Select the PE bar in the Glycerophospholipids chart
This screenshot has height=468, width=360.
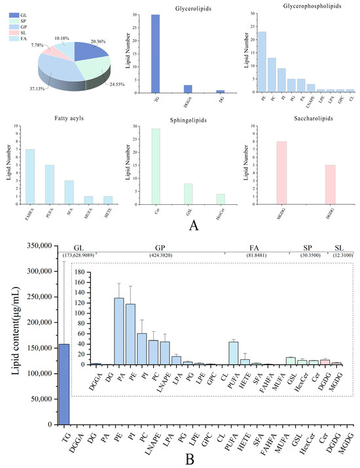[262, 63]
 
